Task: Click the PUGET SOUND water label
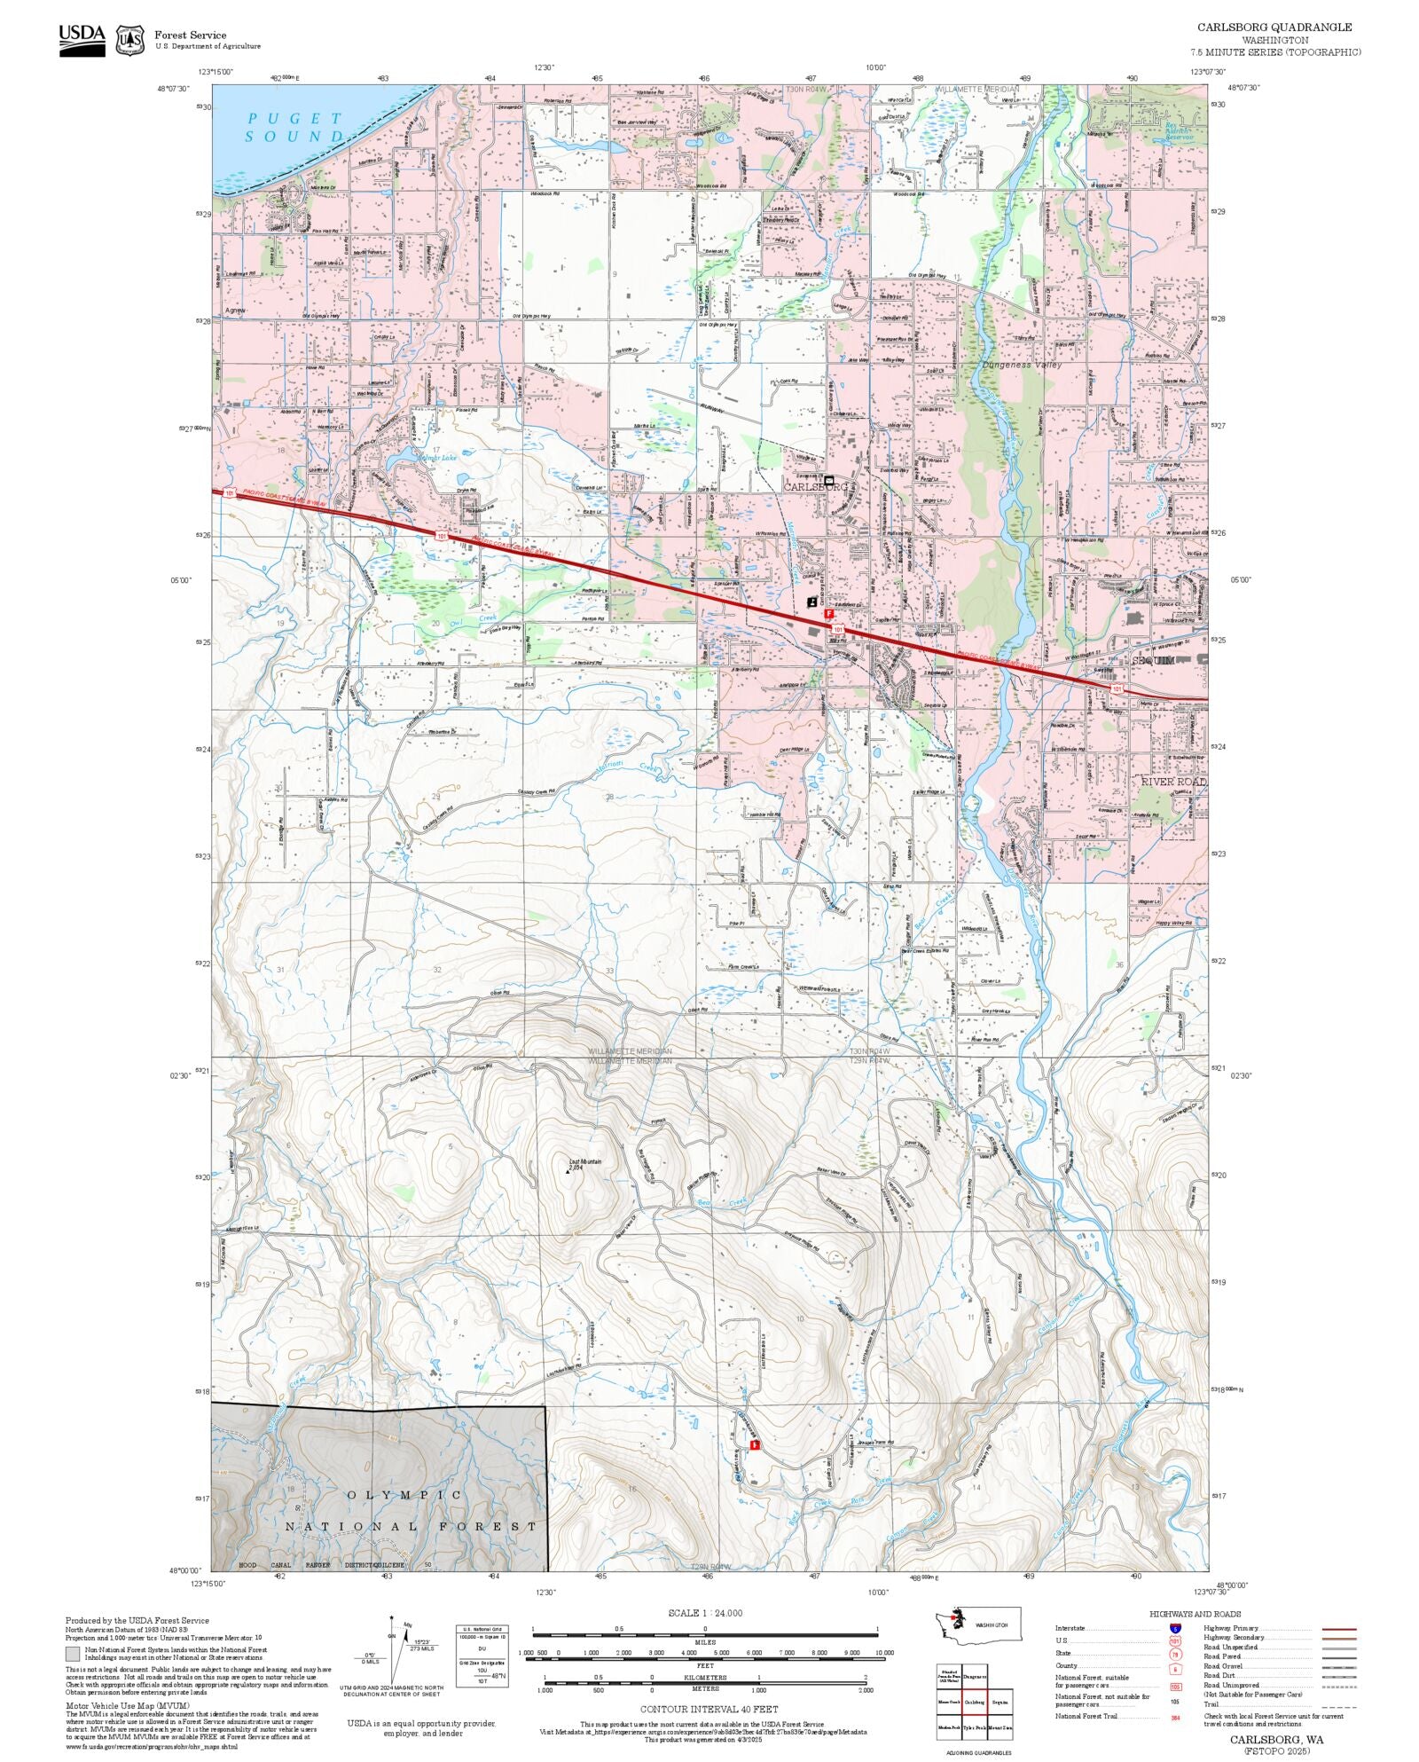294,127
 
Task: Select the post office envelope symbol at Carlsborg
829,480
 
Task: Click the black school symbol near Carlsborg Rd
811,602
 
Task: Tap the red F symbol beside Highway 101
829,613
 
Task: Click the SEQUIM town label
1153,661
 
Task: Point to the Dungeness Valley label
1022,365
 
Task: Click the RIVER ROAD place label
1172,782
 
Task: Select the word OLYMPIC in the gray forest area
404,1495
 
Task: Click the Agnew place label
234,311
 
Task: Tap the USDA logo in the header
82,40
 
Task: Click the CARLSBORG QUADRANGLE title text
1274,28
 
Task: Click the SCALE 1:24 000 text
705,1613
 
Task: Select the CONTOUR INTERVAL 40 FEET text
709,1709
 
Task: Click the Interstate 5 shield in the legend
1175,1629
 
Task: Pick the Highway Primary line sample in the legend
1338,1629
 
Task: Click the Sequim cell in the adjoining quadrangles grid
1000,1703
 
